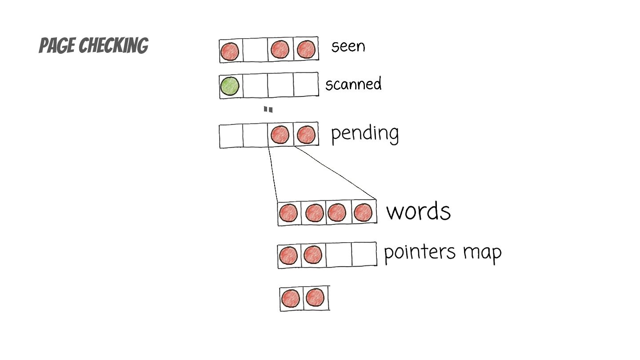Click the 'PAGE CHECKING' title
coord(93,46)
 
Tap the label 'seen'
coord(348,46)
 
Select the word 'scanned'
coord(353,84)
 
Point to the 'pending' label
coord(365,133)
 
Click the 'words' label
coord(418,211)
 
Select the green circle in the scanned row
coord(230,86)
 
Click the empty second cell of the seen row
coord(255,50)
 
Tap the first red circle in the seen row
coord(230,51)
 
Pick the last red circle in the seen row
coord(306,49)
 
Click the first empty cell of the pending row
coord(231,136)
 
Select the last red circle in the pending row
coord(306,135)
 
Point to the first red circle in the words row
coord(288,213)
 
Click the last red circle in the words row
coord(363,212)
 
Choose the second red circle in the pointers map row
coord(313,255)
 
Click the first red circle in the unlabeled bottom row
coord(291,298)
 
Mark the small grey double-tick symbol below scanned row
coord(268,109)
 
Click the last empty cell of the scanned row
coord(306,84)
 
